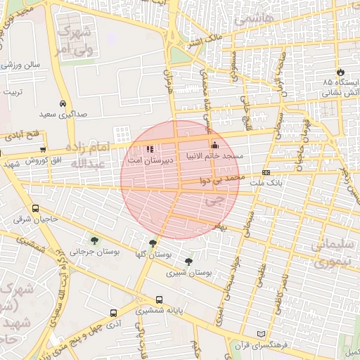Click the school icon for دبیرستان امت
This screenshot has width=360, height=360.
[149, 149]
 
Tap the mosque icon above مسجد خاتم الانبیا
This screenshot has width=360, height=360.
[215, 145]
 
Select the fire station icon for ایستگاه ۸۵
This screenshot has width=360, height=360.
[342, 72]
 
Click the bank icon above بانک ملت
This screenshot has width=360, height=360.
[266, 172]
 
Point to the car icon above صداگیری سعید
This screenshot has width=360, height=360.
[63, 103]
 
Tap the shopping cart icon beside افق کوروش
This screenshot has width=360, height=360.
[43, 149]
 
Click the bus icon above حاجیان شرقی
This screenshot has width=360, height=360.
[36, 209]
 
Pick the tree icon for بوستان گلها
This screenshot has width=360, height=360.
[153, 243]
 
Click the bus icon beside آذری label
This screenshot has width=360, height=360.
[113, 314]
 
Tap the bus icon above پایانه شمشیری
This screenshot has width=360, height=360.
[160, 299]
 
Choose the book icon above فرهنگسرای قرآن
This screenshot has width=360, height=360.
[262, 333]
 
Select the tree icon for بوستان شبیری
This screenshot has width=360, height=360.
[188, 262]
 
